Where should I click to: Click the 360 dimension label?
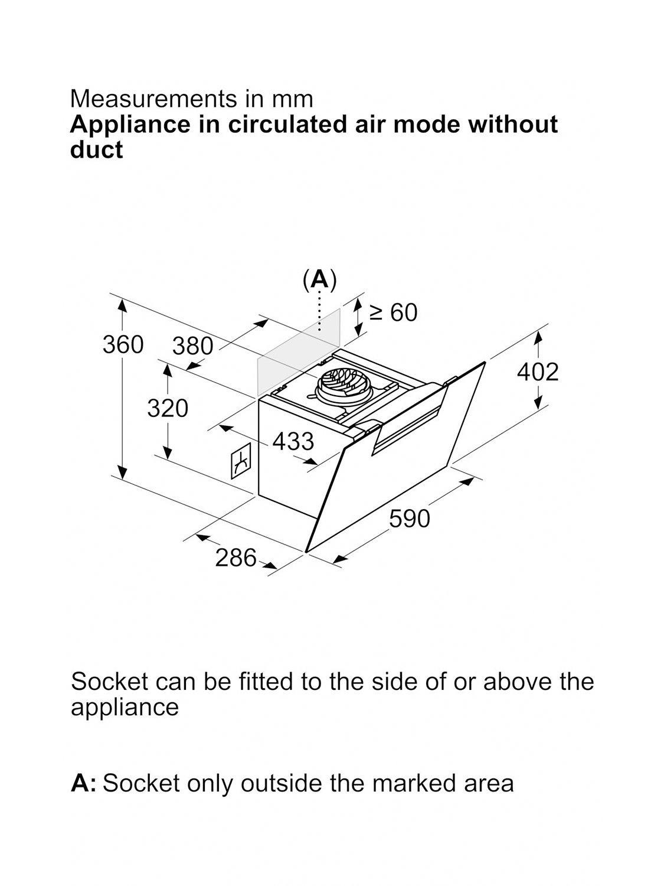[x=123, y=344]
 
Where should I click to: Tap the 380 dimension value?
[x=192, y=346]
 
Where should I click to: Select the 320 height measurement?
[x=168, y=408]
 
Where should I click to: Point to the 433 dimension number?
[x=293, y=441]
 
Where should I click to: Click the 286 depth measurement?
[x=235, y=558]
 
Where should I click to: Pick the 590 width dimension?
[x=410, y=519]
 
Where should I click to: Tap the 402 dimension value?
[x=537, y=372]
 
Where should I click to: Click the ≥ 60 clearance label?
[x=393, y=312]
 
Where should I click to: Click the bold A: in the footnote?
[x=83, y=783]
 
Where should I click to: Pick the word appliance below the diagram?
[x=125, y=707]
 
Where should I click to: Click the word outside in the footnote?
[x=283, y=783]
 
